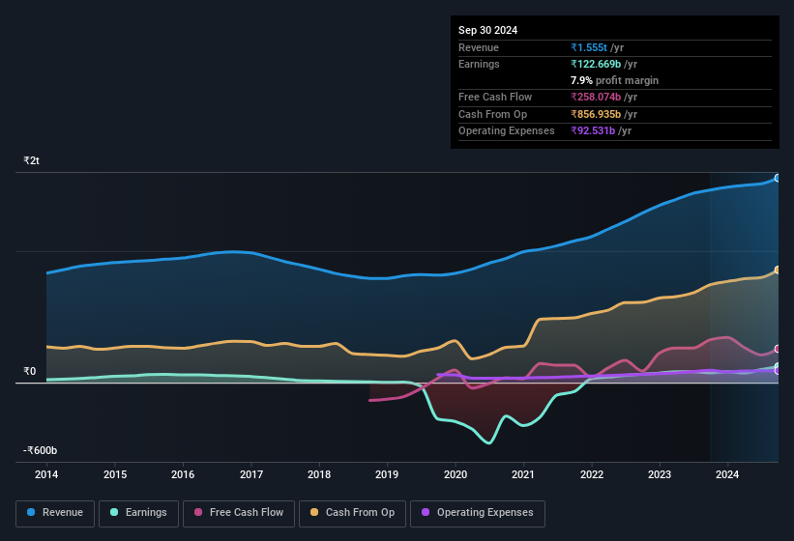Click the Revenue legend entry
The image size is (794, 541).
[55, 512]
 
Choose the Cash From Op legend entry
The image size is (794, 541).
[351, 512]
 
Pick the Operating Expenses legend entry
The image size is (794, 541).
[477, 512]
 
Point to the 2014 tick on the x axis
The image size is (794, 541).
[46, 474]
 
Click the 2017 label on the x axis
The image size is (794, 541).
[251, 474]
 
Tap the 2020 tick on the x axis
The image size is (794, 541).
[456, 474]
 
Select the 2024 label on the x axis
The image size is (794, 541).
[727, 474]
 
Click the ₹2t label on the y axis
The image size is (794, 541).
[32, 161]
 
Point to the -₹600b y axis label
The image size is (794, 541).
[41, 450]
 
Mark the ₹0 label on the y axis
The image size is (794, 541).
[29, 371]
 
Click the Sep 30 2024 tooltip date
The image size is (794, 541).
[487, 30]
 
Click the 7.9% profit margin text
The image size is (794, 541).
[614, 80]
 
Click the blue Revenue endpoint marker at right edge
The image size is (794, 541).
[777, 179]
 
